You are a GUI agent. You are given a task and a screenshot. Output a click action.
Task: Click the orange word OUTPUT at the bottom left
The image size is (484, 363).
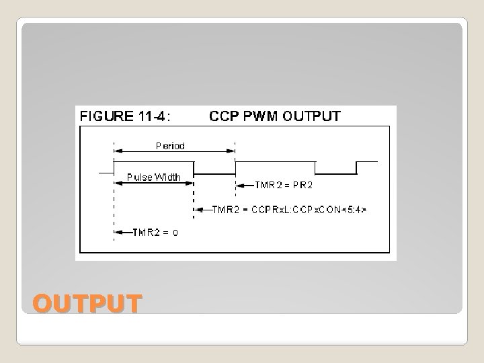click(87, 303)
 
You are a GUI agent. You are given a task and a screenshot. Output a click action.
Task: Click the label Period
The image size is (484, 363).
click(170, 145)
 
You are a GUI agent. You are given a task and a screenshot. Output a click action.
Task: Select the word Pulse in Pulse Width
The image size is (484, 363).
click(140, 177)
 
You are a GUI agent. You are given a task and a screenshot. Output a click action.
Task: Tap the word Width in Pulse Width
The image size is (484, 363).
click(168, 177)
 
